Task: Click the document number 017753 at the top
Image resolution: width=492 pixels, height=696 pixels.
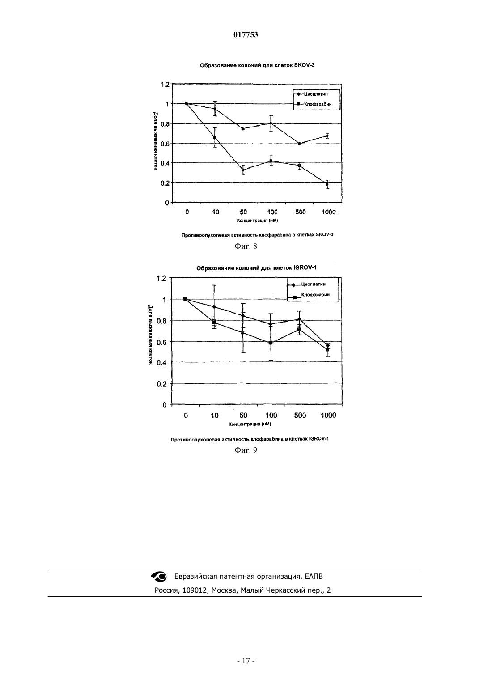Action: pyautogui.click(x=246, y=34)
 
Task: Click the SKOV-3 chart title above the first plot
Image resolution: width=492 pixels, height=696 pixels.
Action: pyautogui.click(x=257, y=65)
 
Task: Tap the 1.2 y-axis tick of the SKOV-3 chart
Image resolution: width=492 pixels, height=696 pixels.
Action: pyautogui.click(x=165, y=85)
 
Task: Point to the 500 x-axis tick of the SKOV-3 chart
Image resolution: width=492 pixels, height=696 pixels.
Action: pyautogui.click(x=301, y=212)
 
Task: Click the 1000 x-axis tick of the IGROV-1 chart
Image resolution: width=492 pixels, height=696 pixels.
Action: pyautogui.click(x=328, y=416)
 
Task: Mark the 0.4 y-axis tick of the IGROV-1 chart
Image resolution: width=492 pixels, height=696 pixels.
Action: pyautogui.click(x=161, y=363)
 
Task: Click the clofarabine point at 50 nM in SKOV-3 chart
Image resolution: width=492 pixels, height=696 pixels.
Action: pyautogui.click(x=243, y=170)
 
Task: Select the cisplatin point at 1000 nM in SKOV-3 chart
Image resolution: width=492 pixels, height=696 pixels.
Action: pyautogui.click(x=327, y=136)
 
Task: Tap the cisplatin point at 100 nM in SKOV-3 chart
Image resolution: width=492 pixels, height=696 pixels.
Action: pyautogui.click(x=271, y=123)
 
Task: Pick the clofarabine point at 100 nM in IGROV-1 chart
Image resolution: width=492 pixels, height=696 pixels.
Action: pyautogui.click(x=271, y=343)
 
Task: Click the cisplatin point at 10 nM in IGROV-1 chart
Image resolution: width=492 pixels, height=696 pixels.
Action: pyautogui.click(x=214, y=307)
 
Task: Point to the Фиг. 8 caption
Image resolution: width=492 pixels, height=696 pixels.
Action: pyautogui.click(x=246, y=246)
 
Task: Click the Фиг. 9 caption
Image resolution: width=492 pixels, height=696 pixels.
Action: pyautogui.click(x=246, y=450)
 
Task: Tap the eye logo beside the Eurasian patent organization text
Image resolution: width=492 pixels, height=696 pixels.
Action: pyautogui.click(x=159, y=577)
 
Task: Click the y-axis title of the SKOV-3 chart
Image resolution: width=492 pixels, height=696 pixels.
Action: pyautogui.click(x=156, y=142)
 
